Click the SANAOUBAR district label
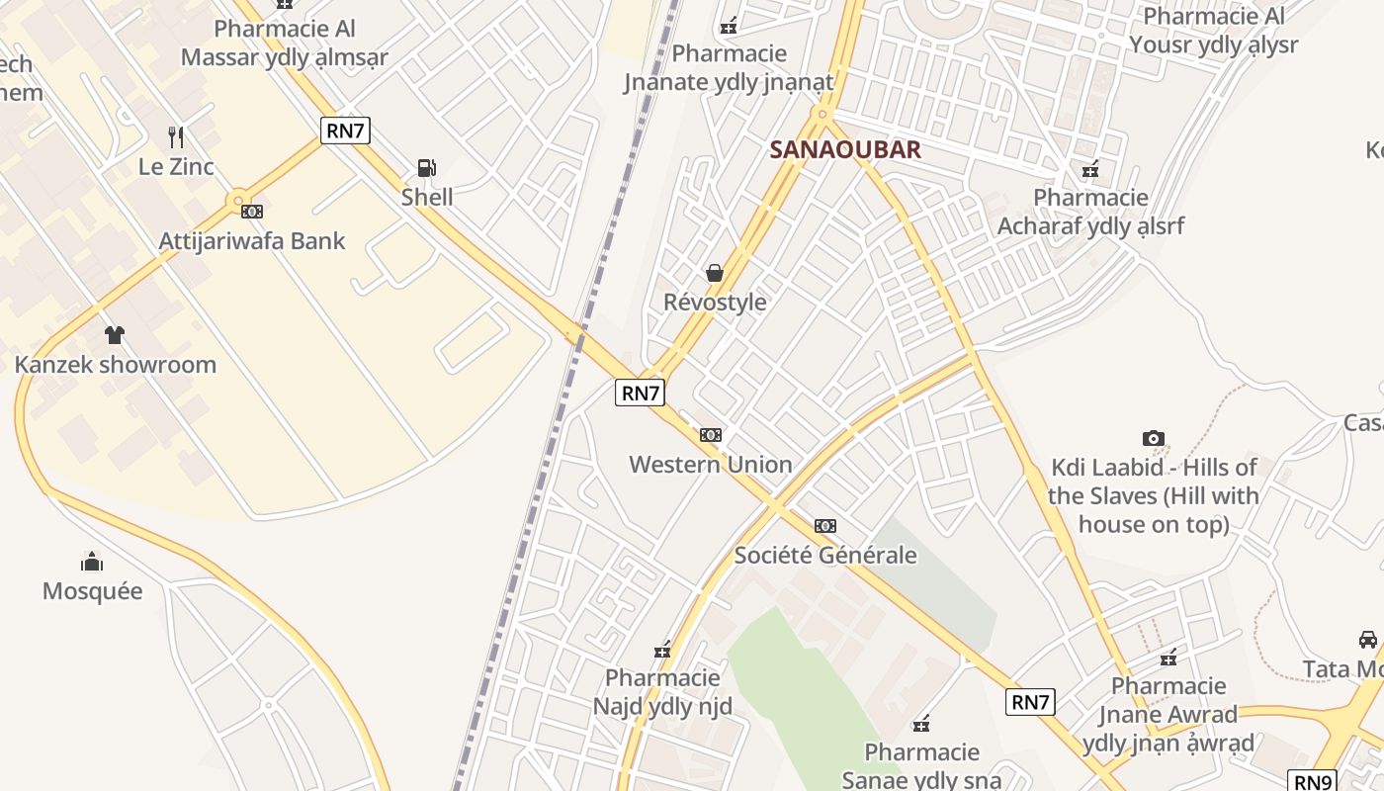click(845, 150)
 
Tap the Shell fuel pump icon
click(427, 168)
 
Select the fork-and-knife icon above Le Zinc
click(176, 136)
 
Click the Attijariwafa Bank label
click(252, 240)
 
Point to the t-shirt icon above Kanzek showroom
click(115, 335)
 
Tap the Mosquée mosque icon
click(92, 563)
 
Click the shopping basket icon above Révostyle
click(715, 273)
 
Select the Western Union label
click(711, 464)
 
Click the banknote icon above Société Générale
click(825, 526)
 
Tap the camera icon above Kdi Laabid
click(1153, 438)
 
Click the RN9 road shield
click(1313, 781)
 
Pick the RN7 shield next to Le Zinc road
click(345, 130)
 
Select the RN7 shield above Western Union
click(640, 393)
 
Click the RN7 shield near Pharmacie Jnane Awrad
click(1030, 702)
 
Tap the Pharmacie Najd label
click(662, 692)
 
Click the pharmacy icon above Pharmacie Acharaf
click(1090, 169)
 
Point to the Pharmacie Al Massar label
click(285, 43)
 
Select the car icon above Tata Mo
click(1368, 640)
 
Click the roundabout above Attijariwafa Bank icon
click(236, 203)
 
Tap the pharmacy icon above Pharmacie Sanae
click(921, 725)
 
